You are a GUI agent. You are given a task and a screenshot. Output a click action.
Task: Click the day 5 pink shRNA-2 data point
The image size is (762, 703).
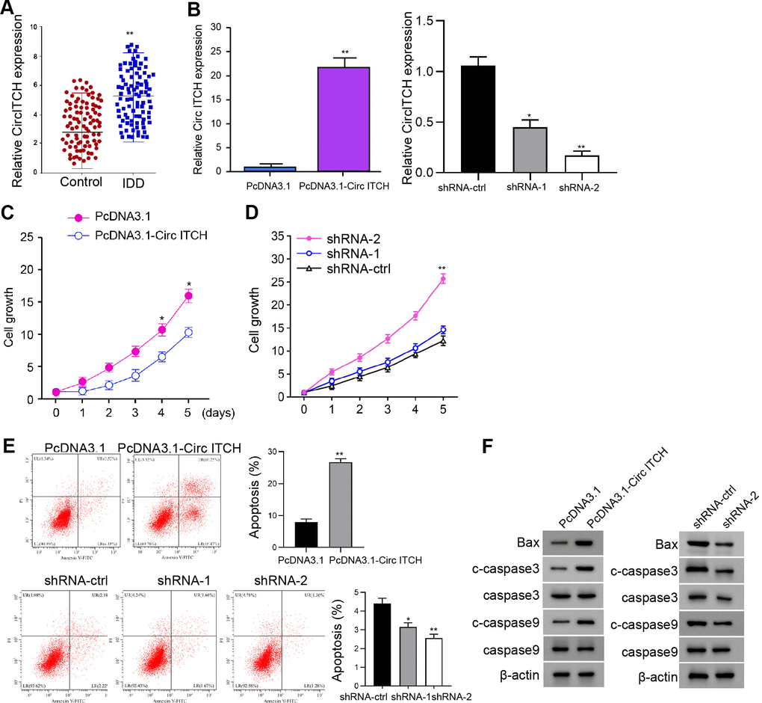(443, 279)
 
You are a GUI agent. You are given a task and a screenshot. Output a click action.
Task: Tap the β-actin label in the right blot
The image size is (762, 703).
(658, 677)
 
